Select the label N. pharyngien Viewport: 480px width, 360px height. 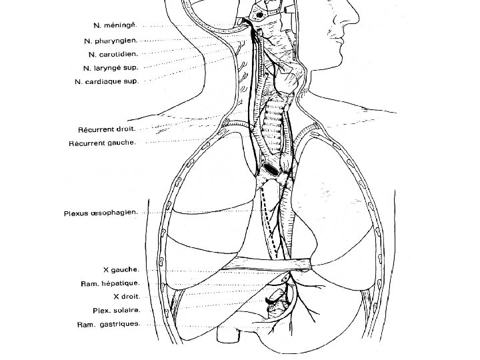[x=111, y=41]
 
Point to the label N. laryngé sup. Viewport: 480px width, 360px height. [x=110, y=67]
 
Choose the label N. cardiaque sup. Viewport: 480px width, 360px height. [x=107, y=81]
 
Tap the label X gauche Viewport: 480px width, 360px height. [x=121, y=270]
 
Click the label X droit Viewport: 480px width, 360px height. [x=125, y=297]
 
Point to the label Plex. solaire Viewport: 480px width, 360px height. [x=115, y=310]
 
